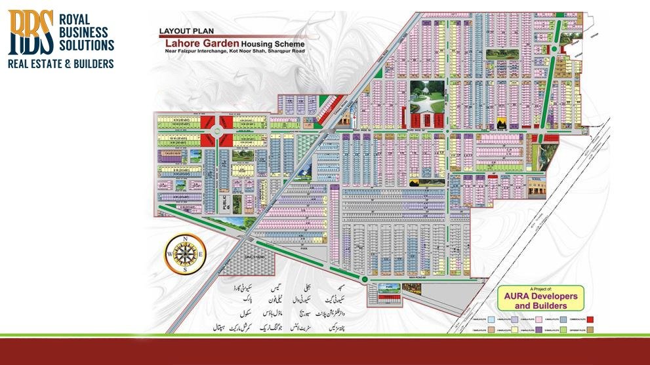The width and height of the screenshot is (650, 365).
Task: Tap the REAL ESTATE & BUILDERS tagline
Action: click(x=60, y=64)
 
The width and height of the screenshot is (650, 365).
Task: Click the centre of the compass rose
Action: click(x=184, y=254)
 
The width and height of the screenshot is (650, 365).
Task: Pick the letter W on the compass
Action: click(x=169, y=254)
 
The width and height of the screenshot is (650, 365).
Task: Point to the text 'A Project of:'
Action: click(x=540, y=289)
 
